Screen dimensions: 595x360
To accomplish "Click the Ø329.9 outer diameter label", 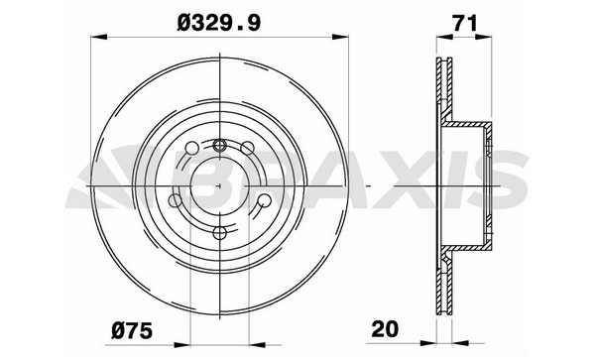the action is coord(219,23).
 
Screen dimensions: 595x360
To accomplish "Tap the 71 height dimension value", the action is coord(464,24).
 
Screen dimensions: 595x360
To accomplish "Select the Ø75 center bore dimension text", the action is coord(132,330).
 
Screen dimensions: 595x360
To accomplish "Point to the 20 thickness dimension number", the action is coord(385,329).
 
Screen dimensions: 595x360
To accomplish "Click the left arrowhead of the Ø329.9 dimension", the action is coord(99,37).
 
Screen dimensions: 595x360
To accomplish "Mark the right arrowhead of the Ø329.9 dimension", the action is coord(340,37).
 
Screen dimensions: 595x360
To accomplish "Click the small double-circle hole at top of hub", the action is coord(220,145).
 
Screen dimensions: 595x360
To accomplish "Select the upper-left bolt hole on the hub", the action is coord(192,148).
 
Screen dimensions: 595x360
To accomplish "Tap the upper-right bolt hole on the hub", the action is coord(247,148).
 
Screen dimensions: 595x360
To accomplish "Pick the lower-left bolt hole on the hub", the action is coord(176,200).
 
